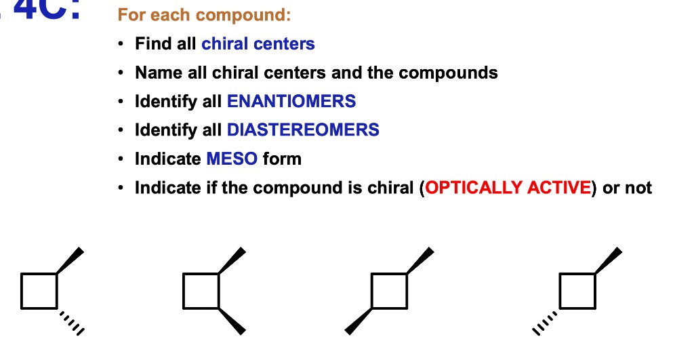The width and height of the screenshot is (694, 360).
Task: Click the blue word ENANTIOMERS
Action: coord(291,102)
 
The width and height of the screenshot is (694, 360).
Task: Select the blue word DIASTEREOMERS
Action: coord(303,130)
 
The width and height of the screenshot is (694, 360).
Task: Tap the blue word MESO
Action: coord(232,159)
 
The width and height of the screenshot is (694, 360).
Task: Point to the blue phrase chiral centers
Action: coord(258,44)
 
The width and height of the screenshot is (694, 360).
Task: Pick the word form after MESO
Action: coord(282,159)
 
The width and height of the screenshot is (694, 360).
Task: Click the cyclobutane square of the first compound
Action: coord(39,291)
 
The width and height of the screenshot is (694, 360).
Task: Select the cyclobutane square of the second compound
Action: coord(201,291)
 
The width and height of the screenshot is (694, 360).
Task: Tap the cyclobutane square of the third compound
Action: coord(390,291)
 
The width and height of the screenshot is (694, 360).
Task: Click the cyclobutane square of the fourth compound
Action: coord(577,291)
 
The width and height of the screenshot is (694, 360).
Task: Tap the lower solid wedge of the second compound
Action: coord(232,321)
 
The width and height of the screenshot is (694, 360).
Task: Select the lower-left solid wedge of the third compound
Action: coord(359,321)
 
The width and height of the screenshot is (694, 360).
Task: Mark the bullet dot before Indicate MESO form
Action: coord(121,159)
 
